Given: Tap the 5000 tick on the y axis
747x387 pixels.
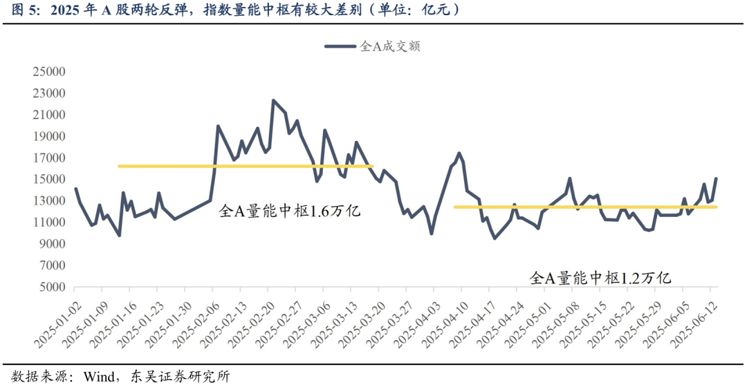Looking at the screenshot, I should [53, 287].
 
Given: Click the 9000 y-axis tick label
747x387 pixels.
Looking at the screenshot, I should [53, 244].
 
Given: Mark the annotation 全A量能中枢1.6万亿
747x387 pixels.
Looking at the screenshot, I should [290, 211].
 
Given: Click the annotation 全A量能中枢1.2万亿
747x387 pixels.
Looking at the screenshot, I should [600, 278].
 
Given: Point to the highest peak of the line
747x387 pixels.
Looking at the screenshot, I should [273, 100].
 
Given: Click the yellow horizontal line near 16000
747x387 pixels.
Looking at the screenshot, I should [246, 166].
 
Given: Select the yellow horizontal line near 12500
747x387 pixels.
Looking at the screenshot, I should [584, 207].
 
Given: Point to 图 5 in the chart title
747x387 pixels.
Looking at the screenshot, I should [19, 10].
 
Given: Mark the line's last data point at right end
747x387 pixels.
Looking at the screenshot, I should [716, 178].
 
